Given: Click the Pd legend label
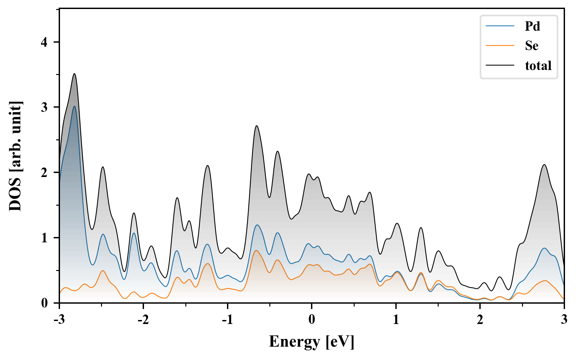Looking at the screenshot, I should tap(532, 26).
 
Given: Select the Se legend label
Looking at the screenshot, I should tap(532, 46).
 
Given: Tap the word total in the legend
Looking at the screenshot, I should tap(538, 65).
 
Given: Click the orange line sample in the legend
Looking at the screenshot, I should tap(500, 45).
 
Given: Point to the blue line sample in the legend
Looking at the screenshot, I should tap(500, 26).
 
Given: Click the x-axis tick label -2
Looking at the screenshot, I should tap(143, 319).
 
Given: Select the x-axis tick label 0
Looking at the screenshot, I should tap(311, 319).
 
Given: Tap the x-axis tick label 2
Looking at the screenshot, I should tap(480, 319).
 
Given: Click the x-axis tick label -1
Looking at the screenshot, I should tap(227, 319).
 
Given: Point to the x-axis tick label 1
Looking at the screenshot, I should tap(396, 319).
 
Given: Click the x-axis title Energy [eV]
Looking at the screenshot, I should tap(311, 342).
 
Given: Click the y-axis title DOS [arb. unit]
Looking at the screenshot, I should tap(15, 156).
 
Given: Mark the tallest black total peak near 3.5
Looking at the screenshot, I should tap(74, 74).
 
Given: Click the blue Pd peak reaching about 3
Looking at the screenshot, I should tap(74, 106).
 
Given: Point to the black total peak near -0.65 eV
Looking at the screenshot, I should tap(256, 126).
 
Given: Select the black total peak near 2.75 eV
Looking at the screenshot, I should tap(544, 165).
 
